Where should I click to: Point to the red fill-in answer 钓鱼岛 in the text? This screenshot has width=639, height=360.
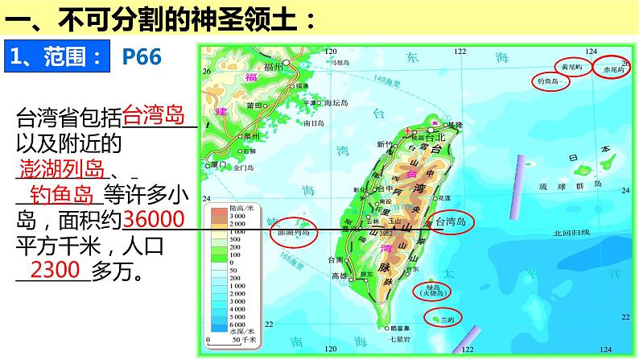tap(62, 195)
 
